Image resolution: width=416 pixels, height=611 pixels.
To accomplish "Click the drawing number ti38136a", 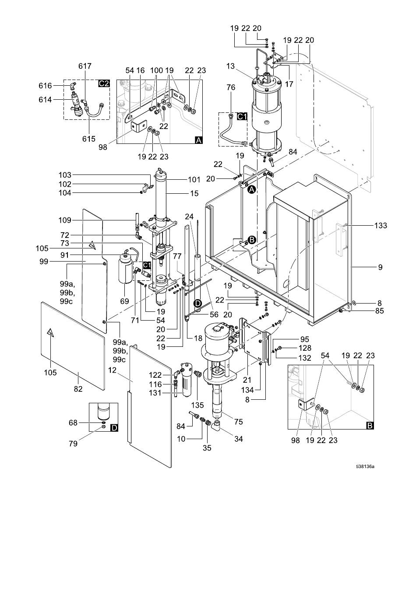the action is click(365, 466).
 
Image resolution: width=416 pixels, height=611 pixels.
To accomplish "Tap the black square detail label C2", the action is click(104, 83).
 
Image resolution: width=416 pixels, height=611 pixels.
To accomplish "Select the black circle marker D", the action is click(198, 304).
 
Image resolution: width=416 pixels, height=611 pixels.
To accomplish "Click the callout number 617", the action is click(85, 66).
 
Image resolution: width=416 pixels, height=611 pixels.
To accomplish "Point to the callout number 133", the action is click(381, 225).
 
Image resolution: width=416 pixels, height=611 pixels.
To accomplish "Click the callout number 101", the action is click(194, 179).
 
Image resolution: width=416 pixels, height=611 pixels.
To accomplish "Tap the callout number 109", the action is click(65, 220).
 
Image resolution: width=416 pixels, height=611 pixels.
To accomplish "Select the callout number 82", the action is click(78, 389).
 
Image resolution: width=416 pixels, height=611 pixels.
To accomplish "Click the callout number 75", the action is click(239, 422).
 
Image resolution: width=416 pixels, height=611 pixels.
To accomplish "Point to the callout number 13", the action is click(230, 66).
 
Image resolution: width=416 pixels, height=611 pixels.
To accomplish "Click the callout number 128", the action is click(305, 348).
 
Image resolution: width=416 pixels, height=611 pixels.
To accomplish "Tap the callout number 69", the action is click(124, 301).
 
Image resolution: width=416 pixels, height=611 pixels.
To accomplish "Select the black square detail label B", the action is click(370, 425).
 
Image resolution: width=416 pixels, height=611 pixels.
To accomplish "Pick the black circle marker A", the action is click(252, 189).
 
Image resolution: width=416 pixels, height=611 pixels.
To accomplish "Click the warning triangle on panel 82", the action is click(50, 333).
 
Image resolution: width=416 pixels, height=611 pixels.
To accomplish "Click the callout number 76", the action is click(231, 87).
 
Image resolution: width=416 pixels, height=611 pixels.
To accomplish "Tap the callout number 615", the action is click(89, 139).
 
